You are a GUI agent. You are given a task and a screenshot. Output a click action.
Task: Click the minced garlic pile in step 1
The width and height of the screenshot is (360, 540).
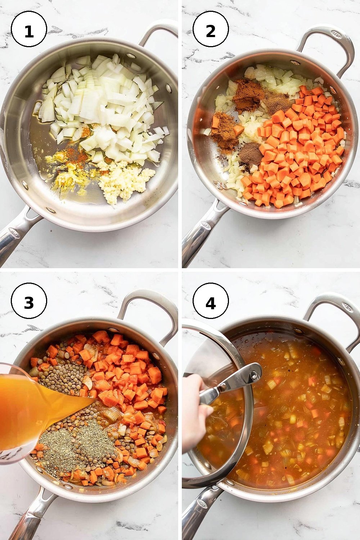(125, 181)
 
